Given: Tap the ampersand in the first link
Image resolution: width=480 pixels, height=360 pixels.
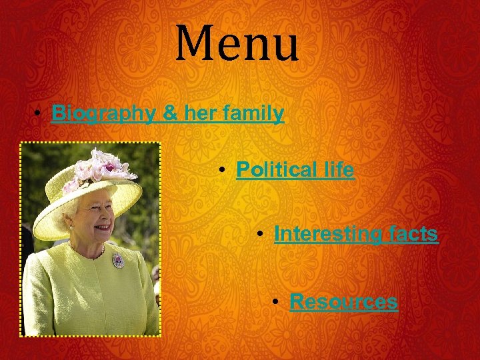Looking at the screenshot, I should pyautogui.click(x=171, y=114).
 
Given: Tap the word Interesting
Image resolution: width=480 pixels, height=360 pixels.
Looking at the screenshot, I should pyautogui.click(x=325, y=234).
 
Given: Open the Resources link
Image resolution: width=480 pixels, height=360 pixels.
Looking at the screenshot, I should pyautogui.click(x=343, y=302).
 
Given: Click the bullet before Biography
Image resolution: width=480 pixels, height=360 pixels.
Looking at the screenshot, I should pyautogui.click(x=41, y=115).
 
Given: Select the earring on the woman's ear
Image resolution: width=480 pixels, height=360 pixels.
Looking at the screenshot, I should pyautogui.click(x=71, y=227).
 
